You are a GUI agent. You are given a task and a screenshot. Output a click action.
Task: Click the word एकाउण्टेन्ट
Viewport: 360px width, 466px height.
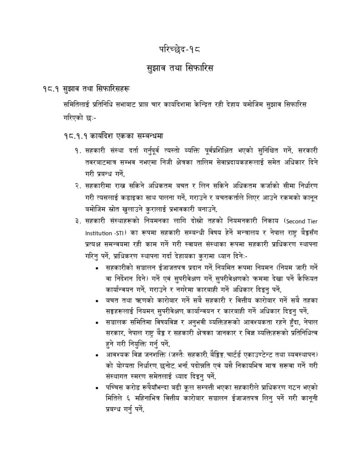[274, 355]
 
